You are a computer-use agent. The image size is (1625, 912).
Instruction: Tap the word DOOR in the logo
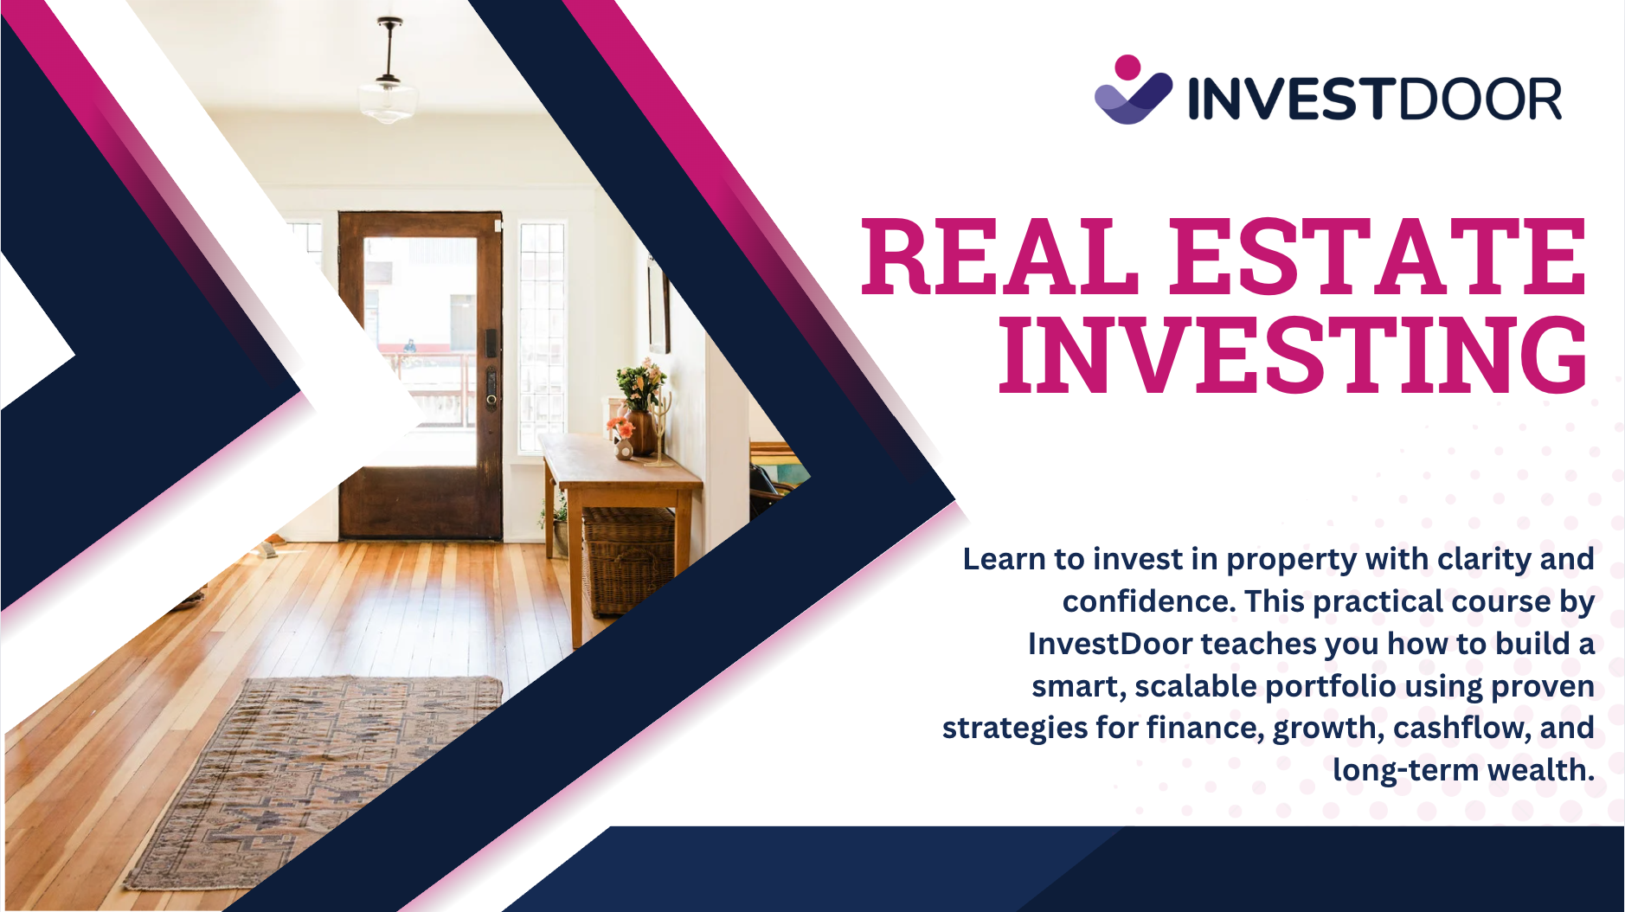point(1480,98)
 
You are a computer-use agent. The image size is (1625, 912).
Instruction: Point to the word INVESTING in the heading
point(1294,354)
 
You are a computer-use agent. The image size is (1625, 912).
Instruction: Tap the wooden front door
point(421,375)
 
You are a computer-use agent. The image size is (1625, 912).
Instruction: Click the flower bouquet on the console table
point(641,386)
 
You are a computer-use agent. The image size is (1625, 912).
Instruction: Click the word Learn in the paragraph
point(1004,559)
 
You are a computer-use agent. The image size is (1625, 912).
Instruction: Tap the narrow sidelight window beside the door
point(543,337)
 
